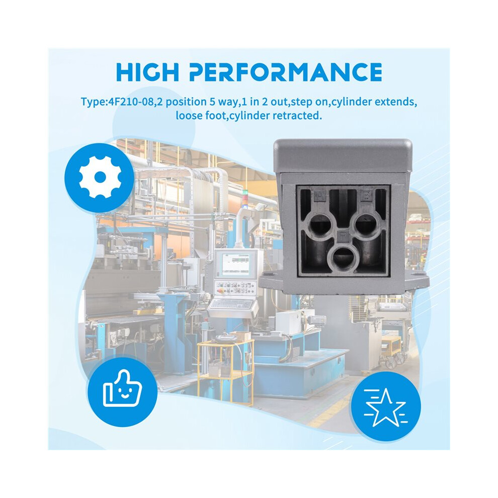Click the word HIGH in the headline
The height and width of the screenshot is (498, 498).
point(147,72)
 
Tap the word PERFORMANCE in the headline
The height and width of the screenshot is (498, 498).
point(286,72)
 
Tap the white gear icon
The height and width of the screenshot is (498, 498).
point(100,177)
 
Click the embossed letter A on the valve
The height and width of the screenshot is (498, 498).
point(320,197)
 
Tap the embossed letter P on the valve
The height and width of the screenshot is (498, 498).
point(343,236)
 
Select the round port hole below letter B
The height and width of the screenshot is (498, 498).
point(365,225)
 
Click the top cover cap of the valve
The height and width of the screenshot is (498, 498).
point(343,155)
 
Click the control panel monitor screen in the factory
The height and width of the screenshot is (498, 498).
point(235,265)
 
